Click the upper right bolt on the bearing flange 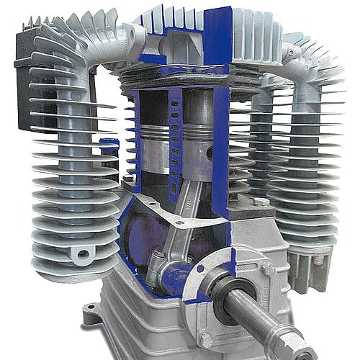[x=268, y=269]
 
